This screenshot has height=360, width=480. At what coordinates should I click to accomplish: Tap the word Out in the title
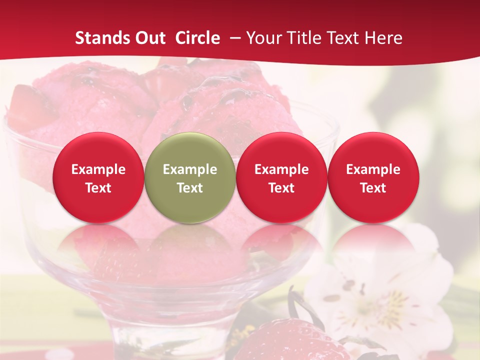pos(150,38)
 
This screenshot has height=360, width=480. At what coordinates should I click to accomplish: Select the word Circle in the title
pos(197,38)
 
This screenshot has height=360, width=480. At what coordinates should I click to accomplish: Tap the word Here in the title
pos(383,38)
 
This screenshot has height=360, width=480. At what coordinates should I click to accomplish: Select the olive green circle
pos(190,177)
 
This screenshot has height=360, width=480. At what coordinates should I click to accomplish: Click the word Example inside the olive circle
pos(190,169)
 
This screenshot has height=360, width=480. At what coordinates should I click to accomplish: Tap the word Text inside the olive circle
pos(190,188)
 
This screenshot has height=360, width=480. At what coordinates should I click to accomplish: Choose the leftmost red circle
pos(98,177)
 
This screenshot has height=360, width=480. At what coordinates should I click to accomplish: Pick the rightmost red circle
pos(373,177)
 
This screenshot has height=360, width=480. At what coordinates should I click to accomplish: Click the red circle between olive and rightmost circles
pos(281,177)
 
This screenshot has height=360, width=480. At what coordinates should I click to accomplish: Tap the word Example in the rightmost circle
pos(373,169)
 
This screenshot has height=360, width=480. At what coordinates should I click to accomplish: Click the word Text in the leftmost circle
pos(98,188)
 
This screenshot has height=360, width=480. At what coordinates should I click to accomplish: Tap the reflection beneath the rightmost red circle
pos(373,245)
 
